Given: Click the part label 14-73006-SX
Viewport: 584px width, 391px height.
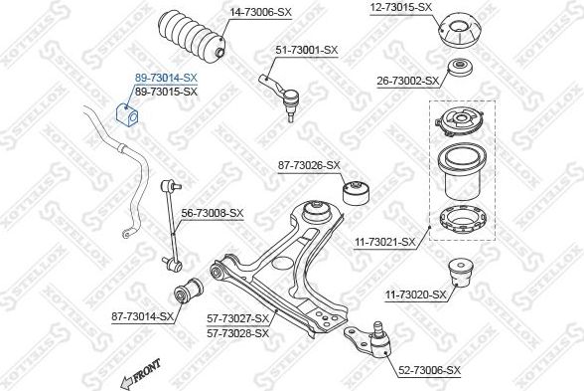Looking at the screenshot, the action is coord(260,12).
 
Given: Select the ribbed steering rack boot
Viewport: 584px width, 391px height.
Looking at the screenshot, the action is coord(191,36).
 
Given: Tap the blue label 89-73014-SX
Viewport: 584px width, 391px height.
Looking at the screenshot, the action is coord(166,78).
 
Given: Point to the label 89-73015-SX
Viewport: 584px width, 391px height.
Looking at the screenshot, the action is coord(166,92).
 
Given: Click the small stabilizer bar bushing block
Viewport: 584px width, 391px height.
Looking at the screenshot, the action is coord(127,113).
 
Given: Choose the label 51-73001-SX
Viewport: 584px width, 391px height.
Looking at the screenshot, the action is coord(307,50).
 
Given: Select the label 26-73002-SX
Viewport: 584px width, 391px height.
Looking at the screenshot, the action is coord(408,81).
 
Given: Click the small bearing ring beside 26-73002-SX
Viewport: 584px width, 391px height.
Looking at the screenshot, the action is coord(460,68).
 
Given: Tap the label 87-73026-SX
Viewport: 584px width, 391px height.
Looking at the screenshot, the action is coord(309,165).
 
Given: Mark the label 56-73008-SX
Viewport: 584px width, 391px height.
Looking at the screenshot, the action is coord(212,213).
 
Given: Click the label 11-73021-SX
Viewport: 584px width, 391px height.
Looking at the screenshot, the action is coord(384,242).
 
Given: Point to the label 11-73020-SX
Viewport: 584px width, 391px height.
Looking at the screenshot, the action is coord(415,295).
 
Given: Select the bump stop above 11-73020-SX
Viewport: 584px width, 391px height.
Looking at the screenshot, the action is coord(461,273).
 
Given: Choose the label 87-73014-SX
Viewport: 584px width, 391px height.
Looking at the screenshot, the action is coord(142,316).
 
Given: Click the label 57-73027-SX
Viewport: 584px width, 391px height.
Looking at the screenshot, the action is coord(237,318).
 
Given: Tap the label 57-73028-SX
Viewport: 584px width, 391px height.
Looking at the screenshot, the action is coord(237,332).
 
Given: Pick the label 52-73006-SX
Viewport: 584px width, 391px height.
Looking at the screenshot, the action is coord(429,370).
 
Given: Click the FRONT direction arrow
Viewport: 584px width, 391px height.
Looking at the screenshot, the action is coord(140,374).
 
